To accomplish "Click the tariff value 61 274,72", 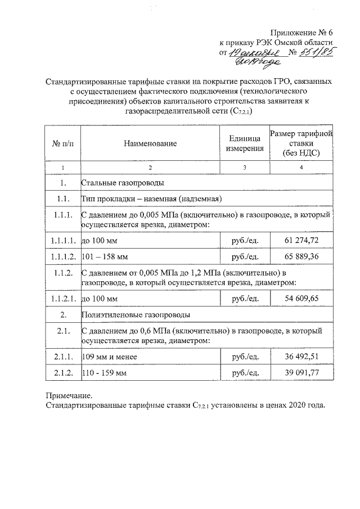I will point(301,240).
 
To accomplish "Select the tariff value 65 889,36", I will point(301,257).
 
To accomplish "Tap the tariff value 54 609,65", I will point(301,298).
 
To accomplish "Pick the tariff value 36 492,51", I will point(301,357).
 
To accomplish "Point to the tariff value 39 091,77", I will point(301,373).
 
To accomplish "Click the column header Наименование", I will point(150,143).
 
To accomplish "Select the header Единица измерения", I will point(245,143).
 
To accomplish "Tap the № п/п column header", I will point(63,143).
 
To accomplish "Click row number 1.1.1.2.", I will point(63,257).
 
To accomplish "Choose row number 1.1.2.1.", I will point(63,298).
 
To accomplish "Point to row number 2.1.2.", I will point(63,373).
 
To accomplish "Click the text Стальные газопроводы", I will point(123,183).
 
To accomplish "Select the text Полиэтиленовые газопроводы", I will point(136,314).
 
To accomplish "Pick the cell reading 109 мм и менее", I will point(109,357).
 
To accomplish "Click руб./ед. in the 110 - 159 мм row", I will point(245,373).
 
